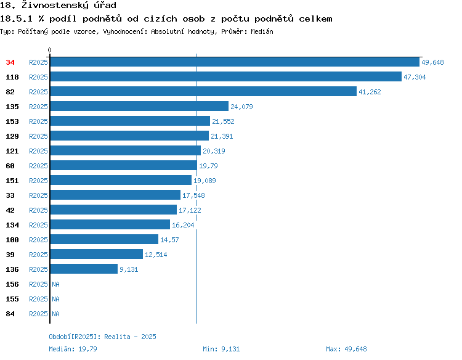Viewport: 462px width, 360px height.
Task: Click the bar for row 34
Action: pyautogui.click(x=235, y=62)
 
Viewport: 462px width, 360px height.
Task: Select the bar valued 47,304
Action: pyautogui.click(x=226, y=76)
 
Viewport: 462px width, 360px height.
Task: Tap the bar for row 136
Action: pyautogui.click(x=84, y=269)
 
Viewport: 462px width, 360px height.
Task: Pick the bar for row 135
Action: pyautogui.click(x=139, y=106)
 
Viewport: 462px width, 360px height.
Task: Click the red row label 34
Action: pyautogui.click(x=10, y=62)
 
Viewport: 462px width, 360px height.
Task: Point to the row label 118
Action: pyautogui.click(x=12, y=77)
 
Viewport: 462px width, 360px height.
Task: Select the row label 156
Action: pyautogui.click(x=12, y=284)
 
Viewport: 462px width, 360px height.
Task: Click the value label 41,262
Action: pyautogui.click(x=370, y=92)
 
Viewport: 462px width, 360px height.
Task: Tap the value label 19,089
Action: pyautogui.click(x=205, y=181)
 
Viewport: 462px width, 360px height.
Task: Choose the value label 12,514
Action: pyautogui.click(x=156, y=255)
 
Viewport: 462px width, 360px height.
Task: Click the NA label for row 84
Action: pyautogui.click(x=55, y=314)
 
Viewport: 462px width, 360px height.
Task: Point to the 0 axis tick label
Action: pyautogui.click(x=49, y=50)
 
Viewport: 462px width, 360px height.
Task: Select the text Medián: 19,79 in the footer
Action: pyautogui.click(x=73, y=349)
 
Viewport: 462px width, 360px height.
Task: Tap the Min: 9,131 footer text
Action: pyautogui.click(x=221, y=349)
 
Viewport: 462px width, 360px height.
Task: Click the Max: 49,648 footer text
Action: pyautogui.click(x=346, y=349)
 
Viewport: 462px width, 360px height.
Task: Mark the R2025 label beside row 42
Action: pyautogui.click(x=38, y=210)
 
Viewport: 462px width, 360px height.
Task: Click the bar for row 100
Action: pyautogui.click(x=104, y=239)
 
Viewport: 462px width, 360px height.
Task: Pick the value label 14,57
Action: pyautogui.click(x=169, y=240)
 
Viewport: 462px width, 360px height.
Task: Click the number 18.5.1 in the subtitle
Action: pyautogui.click(x=16, y=19)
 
